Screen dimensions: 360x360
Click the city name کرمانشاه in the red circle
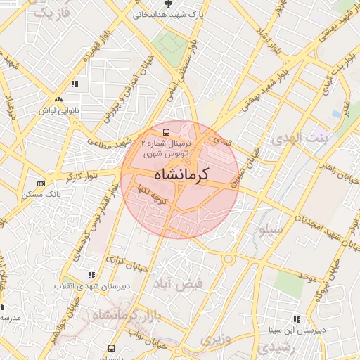coord(181,174)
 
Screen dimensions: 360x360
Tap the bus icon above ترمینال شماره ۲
coord(166,131)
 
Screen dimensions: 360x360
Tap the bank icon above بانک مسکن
coord(41,184)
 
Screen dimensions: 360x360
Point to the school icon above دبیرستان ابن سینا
coord(297,319)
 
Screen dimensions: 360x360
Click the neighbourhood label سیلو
coord(271,229)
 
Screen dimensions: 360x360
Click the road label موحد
coord(309,274)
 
